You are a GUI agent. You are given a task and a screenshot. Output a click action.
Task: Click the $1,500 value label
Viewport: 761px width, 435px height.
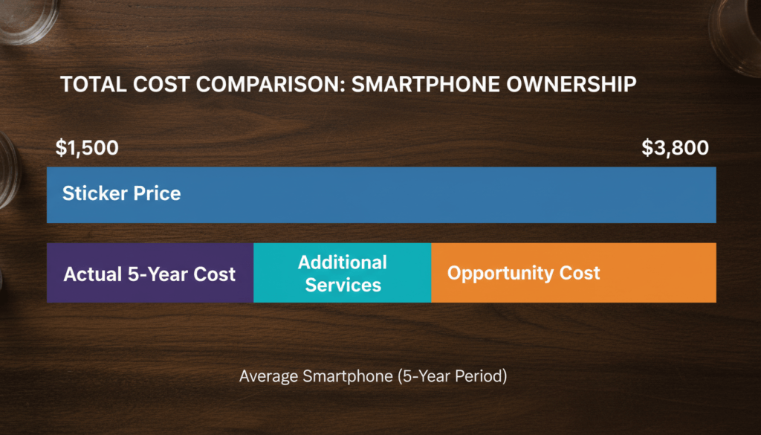(87, 148)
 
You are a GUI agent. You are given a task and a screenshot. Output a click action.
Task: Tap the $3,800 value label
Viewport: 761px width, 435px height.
(675, 148)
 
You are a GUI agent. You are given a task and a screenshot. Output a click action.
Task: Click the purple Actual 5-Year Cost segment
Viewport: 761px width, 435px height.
(149, 273)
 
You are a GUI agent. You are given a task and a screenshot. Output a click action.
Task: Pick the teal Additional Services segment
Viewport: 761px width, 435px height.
(342, 273)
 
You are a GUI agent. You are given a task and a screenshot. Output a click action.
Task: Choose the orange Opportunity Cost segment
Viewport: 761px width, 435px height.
(573, 273)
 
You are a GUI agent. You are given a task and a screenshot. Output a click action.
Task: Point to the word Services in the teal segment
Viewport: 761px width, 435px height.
(343, 285)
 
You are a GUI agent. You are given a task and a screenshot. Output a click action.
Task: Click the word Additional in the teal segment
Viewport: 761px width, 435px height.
(343, 262)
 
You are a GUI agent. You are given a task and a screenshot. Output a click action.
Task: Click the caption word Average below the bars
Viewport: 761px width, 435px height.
(270, 377)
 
